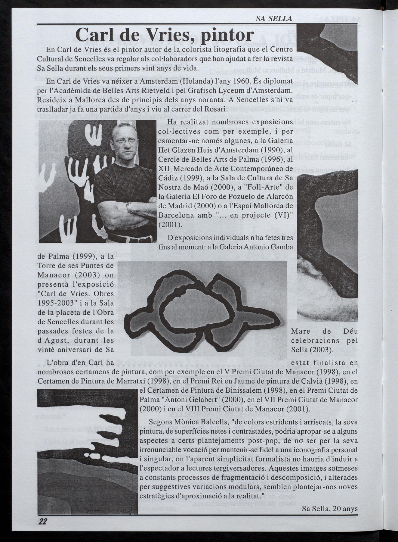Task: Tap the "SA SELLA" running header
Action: (x=274, y=19)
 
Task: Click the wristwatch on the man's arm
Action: (x=130, y=207)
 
